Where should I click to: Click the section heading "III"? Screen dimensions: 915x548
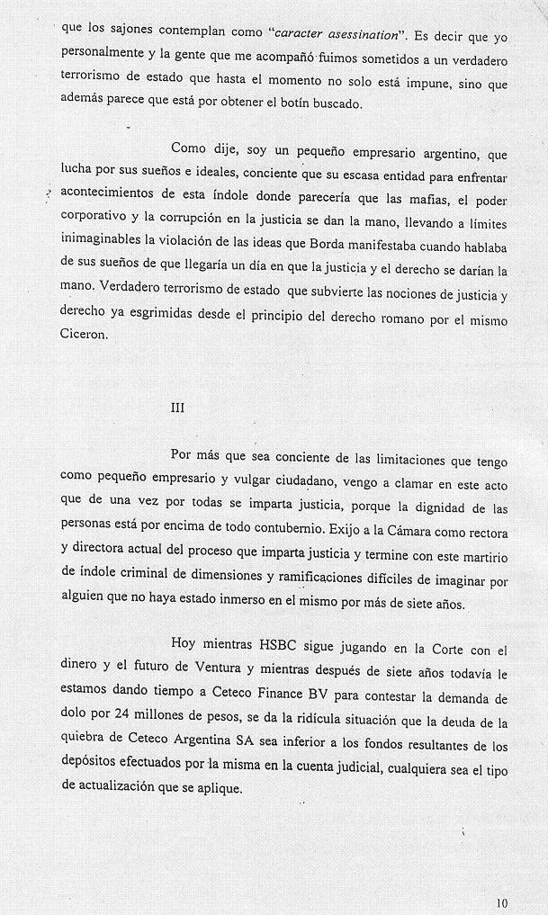pos(178,407)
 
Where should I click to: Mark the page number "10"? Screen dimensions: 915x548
pos(501,902)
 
